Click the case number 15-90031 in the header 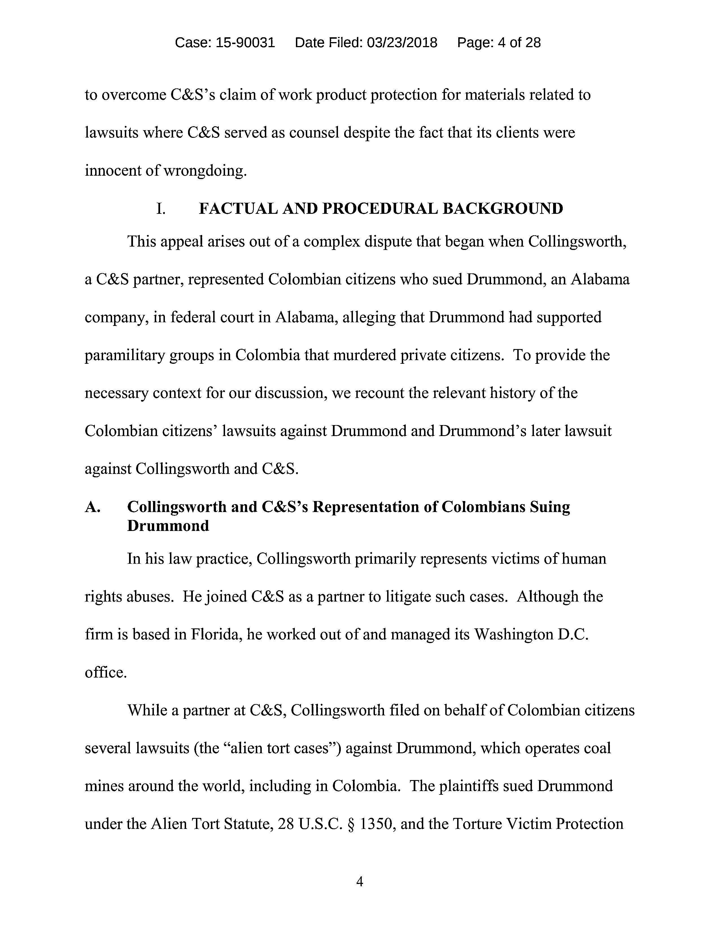pyautogui.click(x=245, y=43)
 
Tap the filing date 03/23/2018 pyautogui.click(x=402, y=43)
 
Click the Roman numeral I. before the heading pyautogui.click(x=161, y=209)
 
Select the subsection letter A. pyautogui.click(x=93, y=507)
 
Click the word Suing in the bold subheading pyautogui.click(x=550, y=507)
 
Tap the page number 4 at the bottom pyautogui.click(x=359, y=882)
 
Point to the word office pyautogui.click(x=106, y=672)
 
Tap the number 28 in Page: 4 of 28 pyautogui.click(x=533, y=43)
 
